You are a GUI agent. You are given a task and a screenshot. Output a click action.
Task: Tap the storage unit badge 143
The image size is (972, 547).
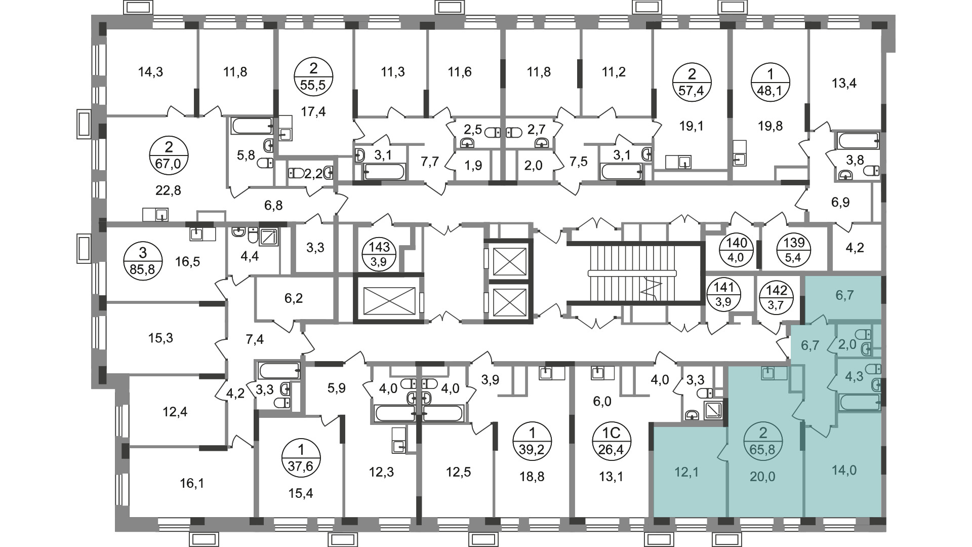coord(380,254)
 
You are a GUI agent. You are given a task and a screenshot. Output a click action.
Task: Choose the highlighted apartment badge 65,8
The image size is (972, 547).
coord(763,441)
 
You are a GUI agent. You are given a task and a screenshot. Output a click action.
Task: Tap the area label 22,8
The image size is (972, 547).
coord(169,190)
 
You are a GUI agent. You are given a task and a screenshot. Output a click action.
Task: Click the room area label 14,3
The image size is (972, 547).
coord(150,72)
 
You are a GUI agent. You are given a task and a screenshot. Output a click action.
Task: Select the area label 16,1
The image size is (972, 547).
coord(191,484)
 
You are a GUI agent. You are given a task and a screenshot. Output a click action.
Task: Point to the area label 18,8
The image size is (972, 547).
coord(532,476)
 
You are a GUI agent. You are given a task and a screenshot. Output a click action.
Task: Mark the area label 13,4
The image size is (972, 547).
coord(844,83)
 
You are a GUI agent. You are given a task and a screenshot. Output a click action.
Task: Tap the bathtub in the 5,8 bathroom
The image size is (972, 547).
coord(252,126)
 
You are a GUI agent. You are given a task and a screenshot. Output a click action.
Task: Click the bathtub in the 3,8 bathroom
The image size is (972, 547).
coord(858,140)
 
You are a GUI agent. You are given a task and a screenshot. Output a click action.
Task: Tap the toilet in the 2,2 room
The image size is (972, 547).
coord(295,173)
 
